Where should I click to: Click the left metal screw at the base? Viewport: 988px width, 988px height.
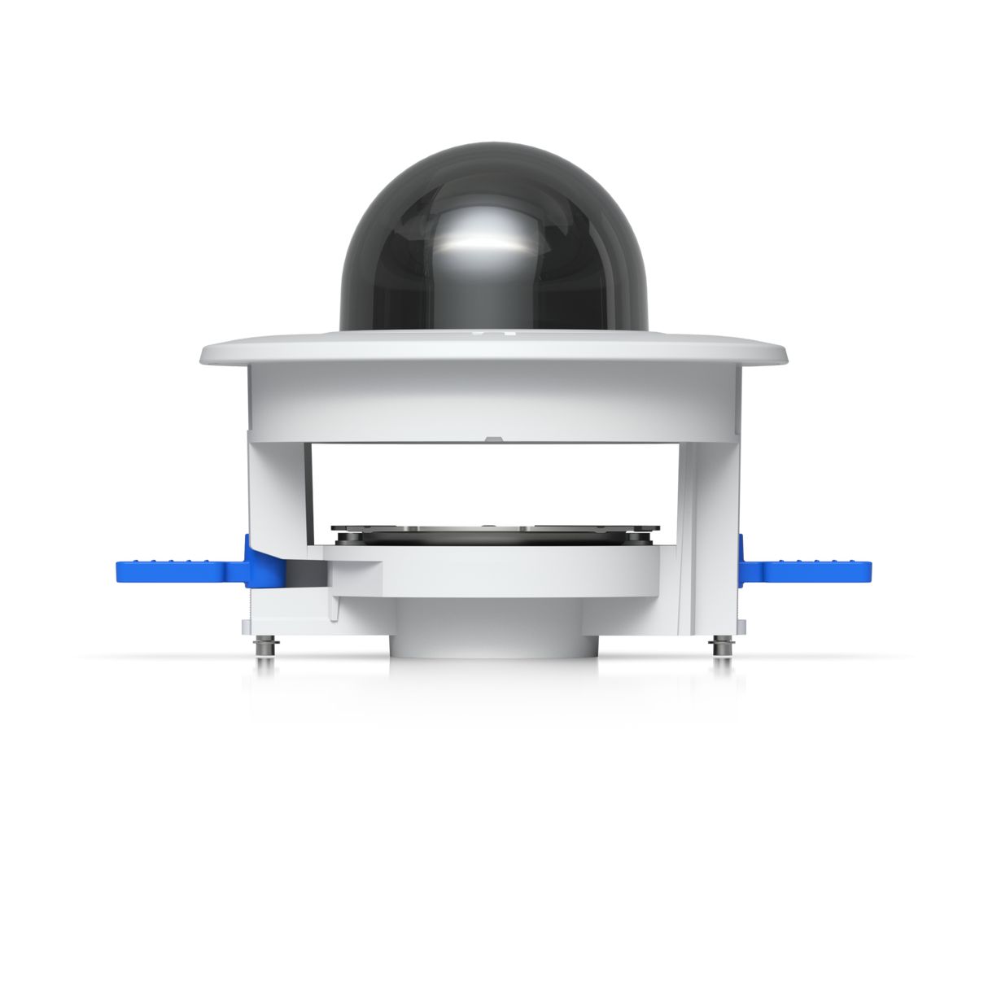[264, 646]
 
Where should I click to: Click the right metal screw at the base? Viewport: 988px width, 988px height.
[719, 646]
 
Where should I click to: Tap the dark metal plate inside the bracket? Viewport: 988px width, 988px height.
[494, 535]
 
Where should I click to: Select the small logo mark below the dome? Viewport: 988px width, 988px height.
[494, 333]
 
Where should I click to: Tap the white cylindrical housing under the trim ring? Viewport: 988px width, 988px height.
[494, 399]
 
